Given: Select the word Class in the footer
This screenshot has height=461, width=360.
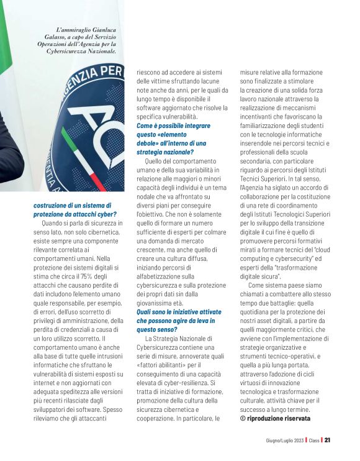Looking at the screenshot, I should [x=313, y=440].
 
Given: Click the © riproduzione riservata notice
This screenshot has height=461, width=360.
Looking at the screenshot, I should [x=275, y=418].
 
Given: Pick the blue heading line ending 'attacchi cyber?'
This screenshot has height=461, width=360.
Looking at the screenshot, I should [x=71, y=214].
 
